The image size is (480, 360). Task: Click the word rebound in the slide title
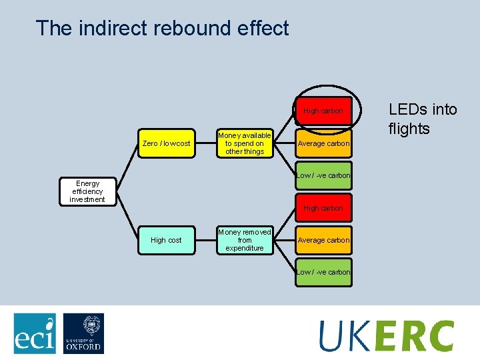pos(186,28)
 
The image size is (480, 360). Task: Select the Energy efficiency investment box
pos(87,191)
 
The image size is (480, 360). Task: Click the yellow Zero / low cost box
pos(167,143)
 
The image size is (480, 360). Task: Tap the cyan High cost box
pos(166,240)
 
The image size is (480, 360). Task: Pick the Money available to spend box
pos(245,143)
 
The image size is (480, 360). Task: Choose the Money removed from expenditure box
pos(245,240)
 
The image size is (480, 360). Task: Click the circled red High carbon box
pos(323,111)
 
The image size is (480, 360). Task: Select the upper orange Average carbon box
pos(323,143)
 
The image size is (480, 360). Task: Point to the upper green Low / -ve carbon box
pos(323,175)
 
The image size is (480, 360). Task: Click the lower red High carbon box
pos(323,208)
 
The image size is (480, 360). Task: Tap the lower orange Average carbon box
pos(323,240)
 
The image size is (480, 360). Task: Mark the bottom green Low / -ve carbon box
pos(323,272)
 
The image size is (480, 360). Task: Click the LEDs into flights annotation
pos(422,119)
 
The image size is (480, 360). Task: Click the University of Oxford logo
pos(83,333)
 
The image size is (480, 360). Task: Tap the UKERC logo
pos(386,335)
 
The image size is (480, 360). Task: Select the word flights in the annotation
pos(409,129)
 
